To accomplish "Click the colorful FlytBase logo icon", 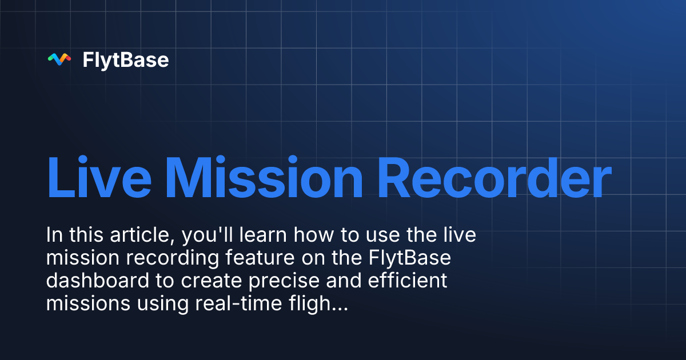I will point(59,59).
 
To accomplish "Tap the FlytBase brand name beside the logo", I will point(126,60).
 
